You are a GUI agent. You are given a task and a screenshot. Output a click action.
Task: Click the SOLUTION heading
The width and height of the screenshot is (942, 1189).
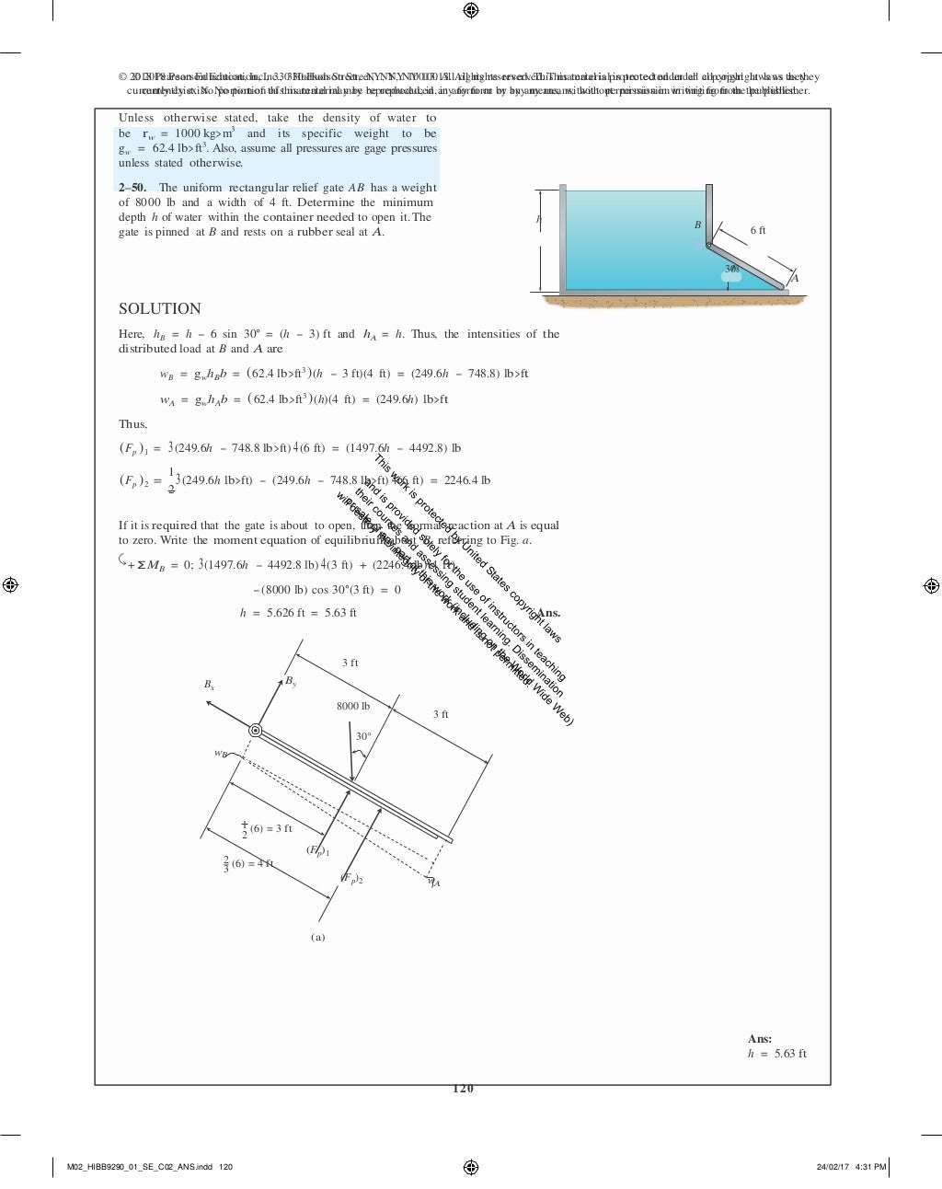[159, 309]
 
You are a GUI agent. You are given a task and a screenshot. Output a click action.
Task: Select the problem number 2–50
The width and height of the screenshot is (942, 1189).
[132, 188]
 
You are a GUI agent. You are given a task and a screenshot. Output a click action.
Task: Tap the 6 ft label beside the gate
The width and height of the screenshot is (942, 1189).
[758, 231]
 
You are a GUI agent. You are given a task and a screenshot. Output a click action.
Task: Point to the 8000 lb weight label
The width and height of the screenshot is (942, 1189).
[353, 706]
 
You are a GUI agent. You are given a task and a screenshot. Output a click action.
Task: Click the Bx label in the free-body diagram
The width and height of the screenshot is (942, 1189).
[209, 686]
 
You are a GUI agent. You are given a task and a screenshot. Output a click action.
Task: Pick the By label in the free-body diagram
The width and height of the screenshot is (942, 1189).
[291, 681]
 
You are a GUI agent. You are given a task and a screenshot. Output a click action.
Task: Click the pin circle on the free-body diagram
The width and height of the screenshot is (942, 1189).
[256, 731]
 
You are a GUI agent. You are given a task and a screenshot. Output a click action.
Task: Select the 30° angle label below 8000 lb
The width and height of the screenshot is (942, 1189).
[363, 736]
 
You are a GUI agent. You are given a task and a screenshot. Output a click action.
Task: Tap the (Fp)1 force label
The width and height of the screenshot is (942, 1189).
[317, 850]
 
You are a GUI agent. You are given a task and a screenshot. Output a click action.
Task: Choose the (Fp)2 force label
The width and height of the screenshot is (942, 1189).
[351, 879]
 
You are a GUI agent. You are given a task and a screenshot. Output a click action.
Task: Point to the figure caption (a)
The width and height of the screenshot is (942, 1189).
[317, 938]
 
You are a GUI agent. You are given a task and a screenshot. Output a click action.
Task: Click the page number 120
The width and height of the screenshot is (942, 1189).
[463, 1089]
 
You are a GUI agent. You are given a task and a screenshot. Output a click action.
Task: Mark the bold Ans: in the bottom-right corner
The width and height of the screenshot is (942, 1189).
[760, 1039]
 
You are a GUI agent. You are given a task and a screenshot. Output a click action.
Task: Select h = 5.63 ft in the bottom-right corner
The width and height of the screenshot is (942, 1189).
[776, 1054]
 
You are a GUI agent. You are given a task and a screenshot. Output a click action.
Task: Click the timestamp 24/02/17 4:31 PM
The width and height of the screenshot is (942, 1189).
[851, 1167]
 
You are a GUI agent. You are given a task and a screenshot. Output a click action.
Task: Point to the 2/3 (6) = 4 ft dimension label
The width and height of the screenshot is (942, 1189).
[248, 864]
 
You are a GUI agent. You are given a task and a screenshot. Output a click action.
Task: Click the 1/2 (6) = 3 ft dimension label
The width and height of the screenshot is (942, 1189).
[267, 829]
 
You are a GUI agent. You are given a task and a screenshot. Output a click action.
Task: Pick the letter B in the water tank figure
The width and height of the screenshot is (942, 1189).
[697, 225]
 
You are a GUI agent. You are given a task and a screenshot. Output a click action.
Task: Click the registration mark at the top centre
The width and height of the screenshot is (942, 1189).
[471, 10]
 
